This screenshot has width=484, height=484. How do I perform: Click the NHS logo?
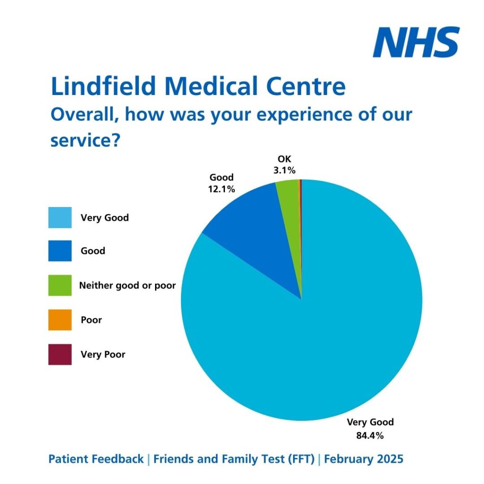click(x=415, y=42)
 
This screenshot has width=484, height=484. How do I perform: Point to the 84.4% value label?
click(x=370, y=435)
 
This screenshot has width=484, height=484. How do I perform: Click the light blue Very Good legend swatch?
click(x=60, y=217)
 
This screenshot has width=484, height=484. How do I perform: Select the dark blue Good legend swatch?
click(x=60, y=251)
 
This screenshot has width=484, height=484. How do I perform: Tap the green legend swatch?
click(x=60, y=285)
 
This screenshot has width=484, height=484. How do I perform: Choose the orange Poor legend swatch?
click(x=60, y=320)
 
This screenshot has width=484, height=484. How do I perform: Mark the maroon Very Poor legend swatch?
click(x=60, y=354)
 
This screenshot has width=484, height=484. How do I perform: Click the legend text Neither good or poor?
click(x=128, y=285)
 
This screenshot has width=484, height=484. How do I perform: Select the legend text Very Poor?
click(x=103, y=354)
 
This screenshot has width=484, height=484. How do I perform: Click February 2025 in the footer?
click(x=364, y=459)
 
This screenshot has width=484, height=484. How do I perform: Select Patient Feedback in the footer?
click(x=96, y=459)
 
